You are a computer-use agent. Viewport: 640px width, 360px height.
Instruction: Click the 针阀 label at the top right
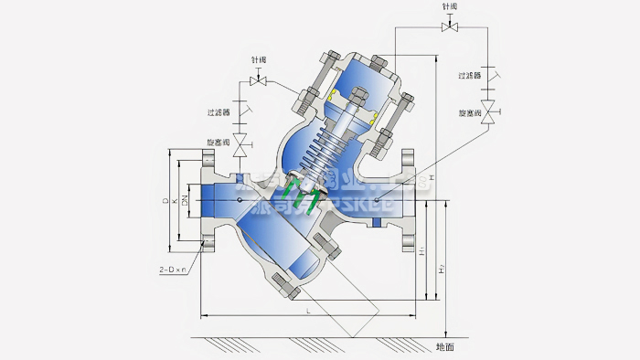click(449, 6)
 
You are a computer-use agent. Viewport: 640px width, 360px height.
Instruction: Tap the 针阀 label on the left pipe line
click(260, 60)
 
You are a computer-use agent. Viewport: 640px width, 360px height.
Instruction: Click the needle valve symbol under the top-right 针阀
click(449, 26)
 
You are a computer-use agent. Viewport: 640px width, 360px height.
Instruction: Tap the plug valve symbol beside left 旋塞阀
click(241, 144)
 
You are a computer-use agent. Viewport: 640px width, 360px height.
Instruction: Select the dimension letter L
click(309, 312)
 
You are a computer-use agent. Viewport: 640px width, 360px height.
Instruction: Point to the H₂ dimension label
click(442, 268)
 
